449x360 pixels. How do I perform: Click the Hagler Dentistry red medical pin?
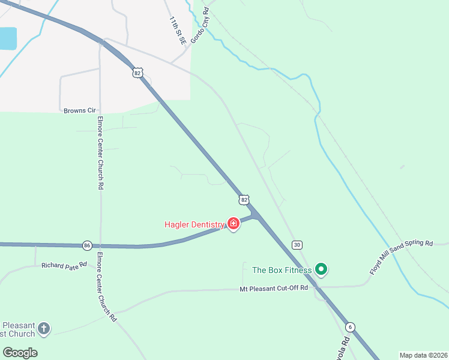point(234,224)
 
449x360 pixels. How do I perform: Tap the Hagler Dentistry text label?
point(194,225)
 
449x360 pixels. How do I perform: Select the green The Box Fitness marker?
point(321,270)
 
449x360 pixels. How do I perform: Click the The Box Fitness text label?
point(282,270)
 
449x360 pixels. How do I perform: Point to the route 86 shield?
point(88,245)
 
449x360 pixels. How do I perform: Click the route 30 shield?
point(297,245)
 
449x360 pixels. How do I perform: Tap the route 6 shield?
point(350,327)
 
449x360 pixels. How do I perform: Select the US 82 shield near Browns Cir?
point(138,73)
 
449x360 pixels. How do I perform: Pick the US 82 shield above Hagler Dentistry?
point(243,199)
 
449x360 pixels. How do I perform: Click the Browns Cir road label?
point(80,110)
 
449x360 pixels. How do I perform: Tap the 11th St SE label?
point(176,29)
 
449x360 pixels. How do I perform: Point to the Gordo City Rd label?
point(199,26)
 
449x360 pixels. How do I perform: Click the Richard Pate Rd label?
point(64,265)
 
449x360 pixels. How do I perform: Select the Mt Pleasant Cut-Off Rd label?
point(274,289)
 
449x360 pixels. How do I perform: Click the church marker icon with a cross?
point(43,328)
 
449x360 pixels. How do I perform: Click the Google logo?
point(20,353)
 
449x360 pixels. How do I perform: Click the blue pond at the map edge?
point(7,38)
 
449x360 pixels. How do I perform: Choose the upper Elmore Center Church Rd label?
point(100,153)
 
